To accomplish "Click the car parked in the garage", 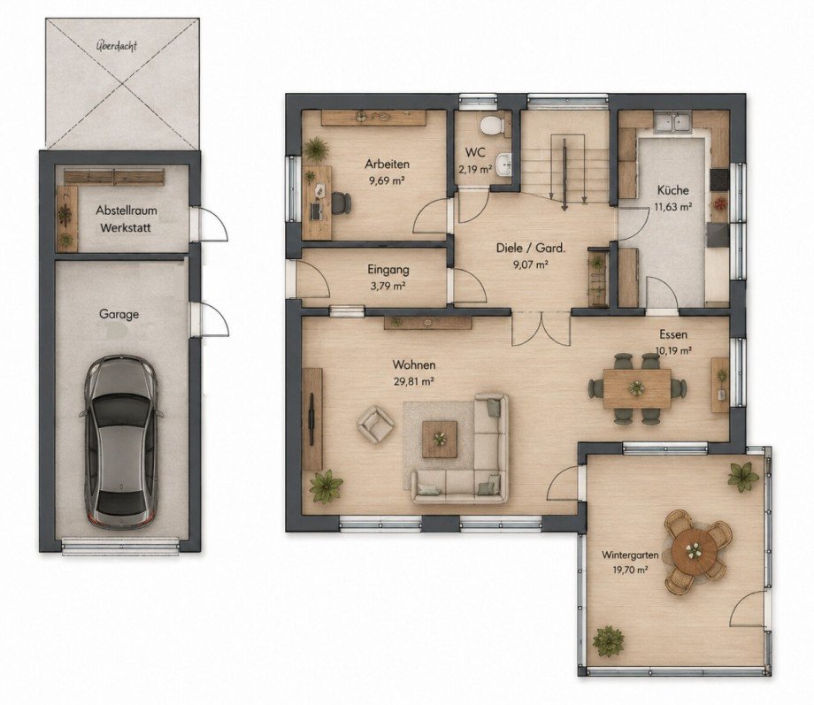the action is (x=121, y=441).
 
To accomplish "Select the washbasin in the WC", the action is (x=503, y=165).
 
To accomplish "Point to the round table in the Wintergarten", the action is (x=693, y=550).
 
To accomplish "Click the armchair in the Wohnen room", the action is (x=374, y=424).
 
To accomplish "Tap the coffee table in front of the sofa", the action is (x=440, y=440).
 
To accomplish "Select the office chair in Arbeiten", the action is (x=341, y=203).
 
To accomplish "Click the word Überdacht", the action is (x=117, y=46).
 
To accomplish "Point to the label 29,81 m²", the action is (x=414, y=381).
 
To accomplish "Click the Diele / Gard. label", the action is (x=531, y=249).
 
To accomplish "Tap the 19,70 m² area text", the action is (x=630, y=570).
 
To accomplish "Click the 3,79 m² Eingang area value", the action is (x=388, y=286).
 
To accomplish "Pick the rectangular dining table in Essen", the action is (x=637, y=388).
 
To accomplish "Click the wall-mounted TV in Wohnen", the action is (x=311, y=419).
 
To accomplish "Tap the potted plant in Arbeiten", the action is (x=316, y=150).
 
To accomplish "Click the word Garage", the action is (x=119, y=315).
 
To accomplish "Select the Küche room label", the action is (x=672, y=189).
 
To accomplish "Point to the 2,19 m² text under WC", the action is (x=475, y=169).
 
